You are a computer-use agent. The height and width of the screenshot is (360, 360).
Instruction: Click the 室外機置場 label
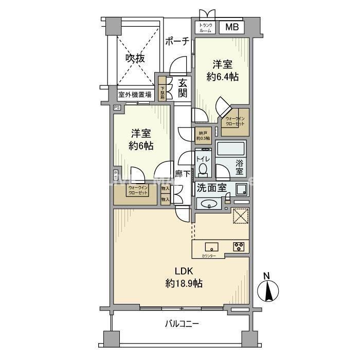click(x=135, y=95)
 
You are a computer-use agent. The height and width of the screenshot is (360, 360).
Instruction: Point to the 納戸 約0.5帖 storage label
click(x=203, y=134)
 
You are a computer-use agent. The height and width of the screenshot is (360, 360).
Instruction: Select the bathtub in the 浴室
click(x=231, y=150)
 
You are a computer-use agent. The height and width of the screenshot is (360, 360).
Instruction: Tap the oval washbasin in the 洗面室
click(x=209, y=204)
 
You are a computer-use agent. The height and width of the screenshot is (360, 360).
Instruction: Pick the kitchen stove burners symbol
click(x=240, y=246)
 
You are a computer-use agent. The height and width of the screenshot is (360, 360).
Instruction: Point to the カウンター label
click(x=209, y=256)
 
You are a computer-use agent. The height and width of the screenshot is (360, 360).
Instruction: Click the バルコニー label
click(x=182, y=324)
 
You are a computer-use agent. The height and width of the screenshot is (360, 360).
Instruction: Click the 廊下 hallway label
click(x=182, y=174)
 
